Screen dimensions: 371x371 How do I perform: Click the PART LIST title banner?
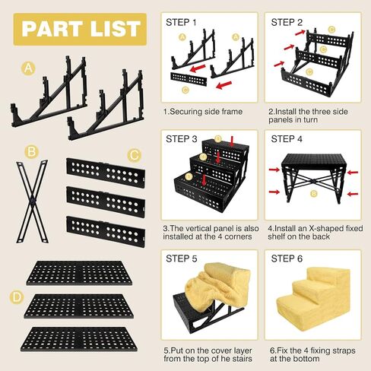point(80,30)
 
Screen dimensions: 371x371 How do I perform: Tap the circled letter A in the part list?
point(28,68)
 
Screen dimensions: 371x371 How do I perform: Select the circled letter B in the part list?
point(31,152)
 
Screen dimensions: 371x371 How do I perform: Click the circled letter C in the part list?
point(134,155)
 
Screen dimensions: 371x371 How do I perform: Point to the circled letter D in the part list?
point(17,297)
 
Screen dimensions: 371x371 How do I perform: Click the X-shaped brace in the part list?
point(32,201)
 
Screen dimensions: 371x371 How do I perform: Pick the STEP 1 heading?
point(181,22)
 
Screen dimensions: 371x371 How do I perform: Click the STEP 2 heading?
point(287,22)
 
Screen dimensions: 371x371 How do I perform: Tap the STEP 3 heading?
point(182,139)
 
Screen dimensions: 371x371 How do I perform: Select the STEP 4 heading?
point(287,139)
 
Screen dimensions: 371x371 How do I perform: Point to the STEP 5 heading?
point(182,258)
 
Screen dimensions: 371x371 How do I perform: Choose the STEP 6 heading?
point(287,258)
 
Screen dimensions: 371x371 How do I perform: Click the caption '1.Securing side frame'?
point(203,112)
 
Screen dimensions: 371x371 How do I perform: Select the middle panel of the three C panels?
point(106,202)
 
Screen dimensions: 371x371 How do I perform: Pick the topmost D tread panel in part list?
point(79,273)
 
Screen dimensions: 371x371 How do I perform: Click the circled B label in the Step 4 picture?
point(314,194)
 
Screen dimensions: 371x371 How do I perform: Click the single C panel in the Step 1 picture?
point(189,79)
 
